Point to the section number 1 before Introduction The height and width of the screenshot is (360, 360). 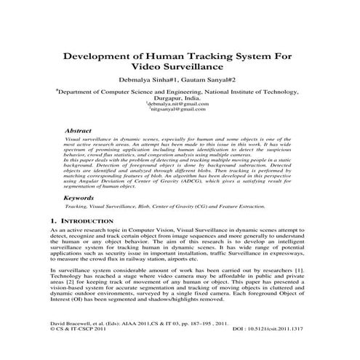[x=52, y=219]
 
